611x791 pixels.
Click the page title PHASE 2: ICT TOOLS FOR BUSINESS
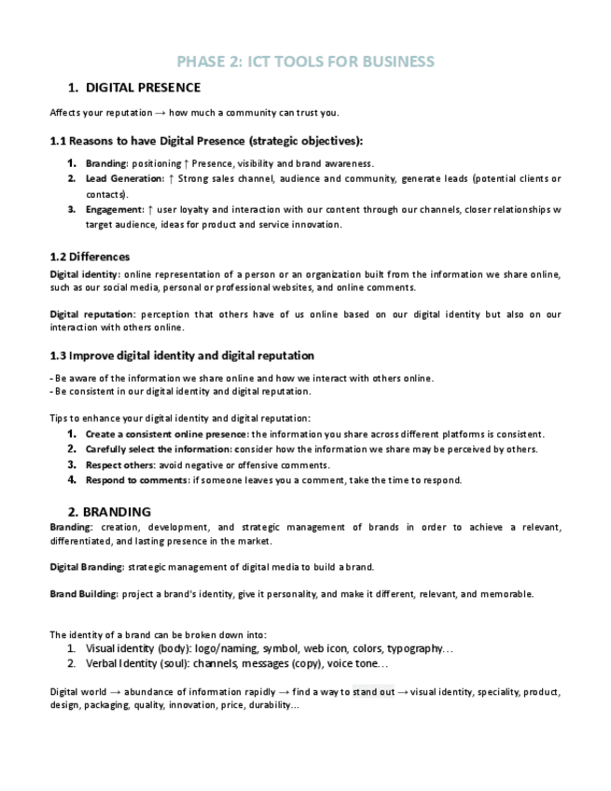coord(305,62)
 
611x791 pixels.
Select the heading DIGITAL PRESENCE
coord(143,88)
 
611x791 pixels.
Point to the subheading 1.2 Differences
coord(90,257)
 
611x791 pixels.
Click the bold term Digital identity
coord(84,274)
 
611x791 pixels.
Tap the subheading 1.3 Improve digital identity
coord(182,355)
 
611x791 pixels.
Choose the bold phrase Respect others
coord(118,465)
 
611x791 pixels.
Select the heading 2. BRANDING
coord(109,511)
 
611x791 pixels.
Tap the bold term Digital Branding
coord(86,567)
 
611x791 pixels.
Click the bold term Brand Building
coord(83,593)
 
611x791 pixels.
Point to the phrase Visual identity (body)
coord(137,648)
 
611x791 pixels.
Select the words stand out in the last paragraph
coord(373,692)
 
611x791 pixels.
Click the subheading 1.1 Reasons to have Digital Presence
coord(205,141)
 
